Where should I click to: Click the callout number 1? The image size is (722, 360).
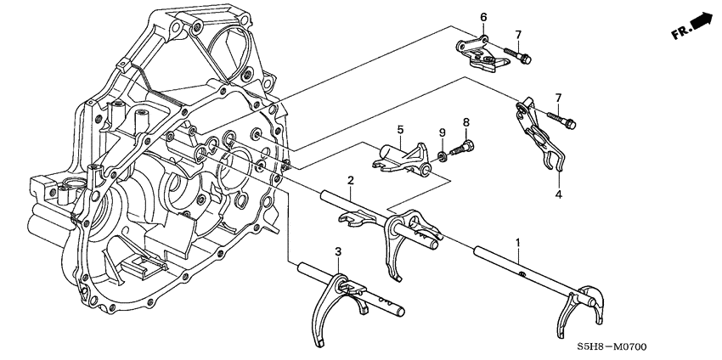point(517,243)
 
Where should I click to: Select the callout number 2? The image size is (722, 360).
point(349,181)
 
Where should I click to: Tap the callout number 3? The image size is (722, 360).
point(337,252)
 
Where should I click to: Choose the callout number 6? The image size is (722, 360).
point(483,18)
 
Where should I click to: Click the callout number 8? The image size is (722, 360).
point(465,123)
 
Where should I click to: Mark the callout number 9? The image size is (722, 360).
point(441,132)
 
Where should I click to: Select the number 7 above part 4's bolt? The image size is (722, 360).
point(558,98)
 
